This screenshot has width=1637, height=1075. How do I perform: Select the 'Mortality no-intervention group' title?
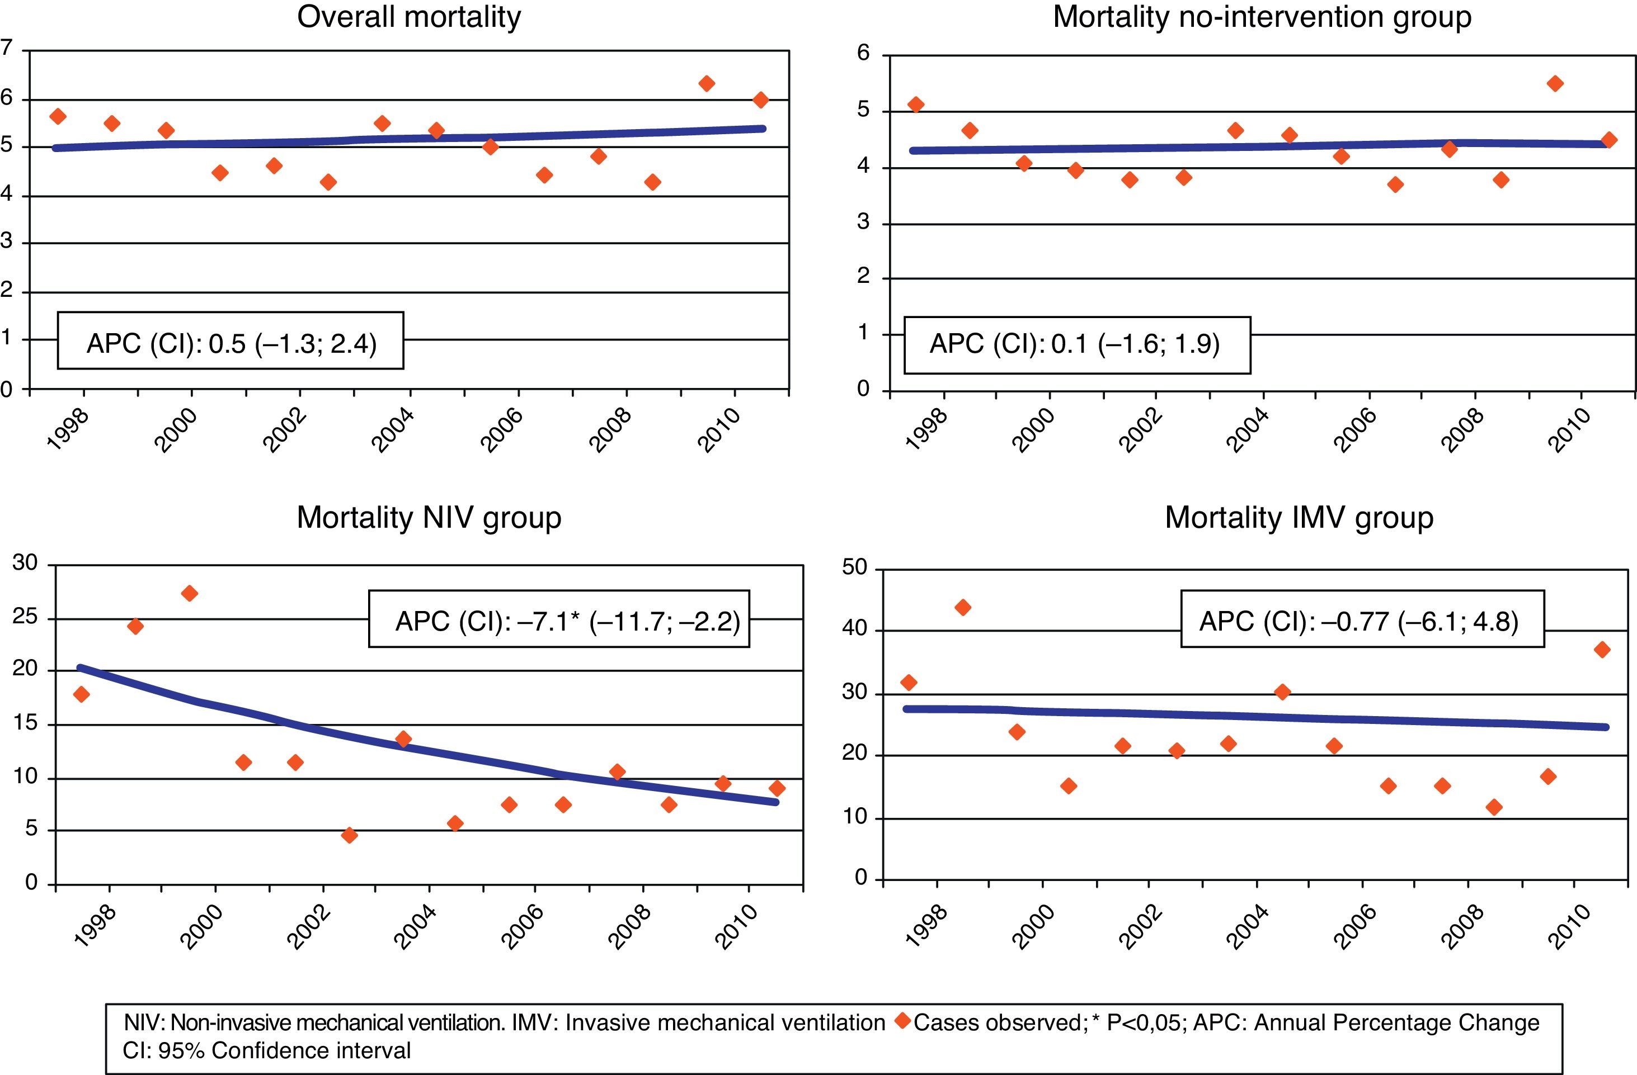pyautogui.click(x=1262, y=17)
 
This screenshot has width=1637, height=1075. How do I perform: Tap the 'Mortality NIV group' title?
pyautogui.click(x=429, y=518)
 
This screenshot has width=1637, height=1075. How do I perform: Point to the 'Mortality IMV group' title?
pyautogui.click(x=1299, y=518)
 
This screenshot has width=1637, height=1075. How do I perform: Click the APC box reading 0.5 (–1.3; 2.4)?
pyautogui.click(x=231, y=342)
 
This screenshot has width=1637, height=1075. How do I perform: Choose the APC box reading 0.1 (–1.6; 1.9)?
pyautogui.click(x=1076, y=344)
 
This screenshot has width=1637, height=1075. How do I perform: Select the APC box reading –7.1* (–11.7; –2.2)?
pyautogui.click(x=558, y=619)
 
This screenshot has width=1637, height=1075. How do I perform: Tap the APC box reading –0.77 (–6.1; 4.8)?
pyautogui.click(x=1362, y=619)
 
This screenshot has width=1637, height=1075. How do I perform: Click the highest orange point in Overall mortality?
pyautogui.click(x=707, y=84)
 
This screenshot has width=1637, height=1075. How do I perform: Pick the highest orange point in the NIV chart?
pyautogui.click(x=189, y=594)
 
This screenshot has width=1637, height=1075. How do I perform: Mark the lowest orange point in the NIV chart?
pyautogui.click(x=350, y=835)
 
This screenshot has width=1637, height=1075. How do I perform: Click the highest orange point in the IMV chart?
pyautogui.click(x=963, y=608)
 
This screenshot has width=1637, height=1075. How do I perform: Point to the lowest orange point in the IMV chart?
pyautogui.click(x=1494, y=807)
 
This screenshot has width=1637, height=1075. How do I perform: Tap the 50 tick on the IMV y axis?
pyautogui.click(x=855, y=569)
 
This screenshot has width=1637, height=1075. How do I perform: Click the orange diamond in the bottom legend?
pyautogui.click(x=902, y=1021)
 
